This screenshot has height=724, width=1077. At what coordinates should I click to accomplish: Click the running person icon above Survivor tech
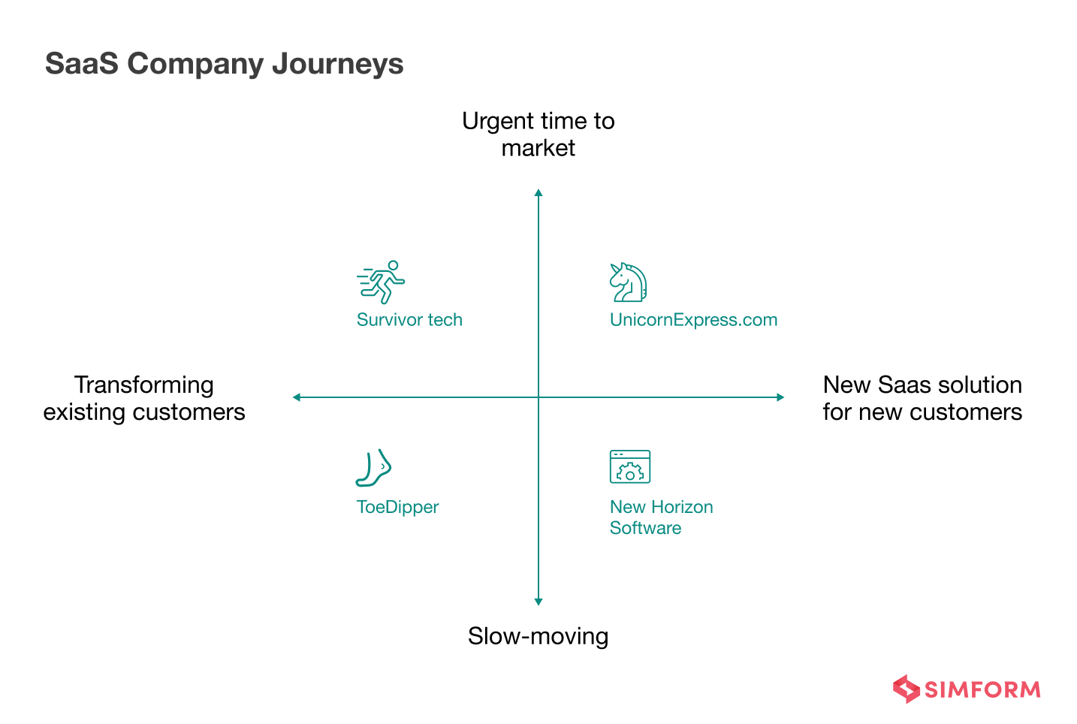pos(382,282)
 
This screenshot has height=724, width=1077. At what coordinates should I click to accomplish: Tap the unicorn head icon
pos(628,282)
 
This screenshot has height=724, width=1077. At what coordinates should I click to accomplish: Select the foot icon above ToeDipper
pos(374,468)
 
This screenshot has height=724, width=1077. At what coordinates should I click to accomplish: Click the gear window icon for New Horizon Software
pos(629,467)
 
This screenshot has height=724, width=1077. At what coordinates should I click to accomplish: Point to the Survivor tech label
pos(409,320)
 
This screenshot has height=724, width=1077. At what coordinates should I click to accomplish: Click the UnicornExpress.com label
pos(693,320)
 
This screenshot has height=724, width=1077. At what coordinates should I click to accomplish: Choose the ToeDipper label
pos(397,507)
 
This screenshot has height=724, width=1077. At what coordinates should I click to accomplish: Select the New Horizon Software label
pos(661,517)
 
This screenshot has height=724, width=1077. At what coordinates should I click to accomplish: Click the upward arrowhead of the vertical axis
pos(538,193)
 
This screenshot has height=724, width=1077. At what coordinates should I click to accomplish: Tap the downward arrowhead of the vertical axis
pos(538,601)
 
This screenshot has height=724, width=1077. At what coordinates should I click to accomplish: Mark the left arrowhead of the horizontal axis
pos(297,397)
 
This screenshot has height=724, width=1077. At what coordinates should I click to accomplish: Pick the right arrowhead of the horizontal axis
pos(780,397)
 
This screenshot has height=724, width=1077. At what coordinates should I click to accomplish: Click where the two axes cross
pos(538,397)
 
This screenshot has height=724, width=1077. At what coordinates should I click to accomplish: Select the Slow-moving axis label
pos(538,636)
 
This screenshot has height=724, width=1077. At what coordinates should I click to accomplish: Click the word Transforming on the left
pos(144,385)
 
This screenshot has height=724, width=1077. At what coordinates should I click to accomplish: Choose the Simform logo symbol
pos(906,689)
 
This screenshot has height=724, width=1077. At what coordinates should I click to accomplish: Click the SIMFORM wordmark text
pos(982,689)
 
